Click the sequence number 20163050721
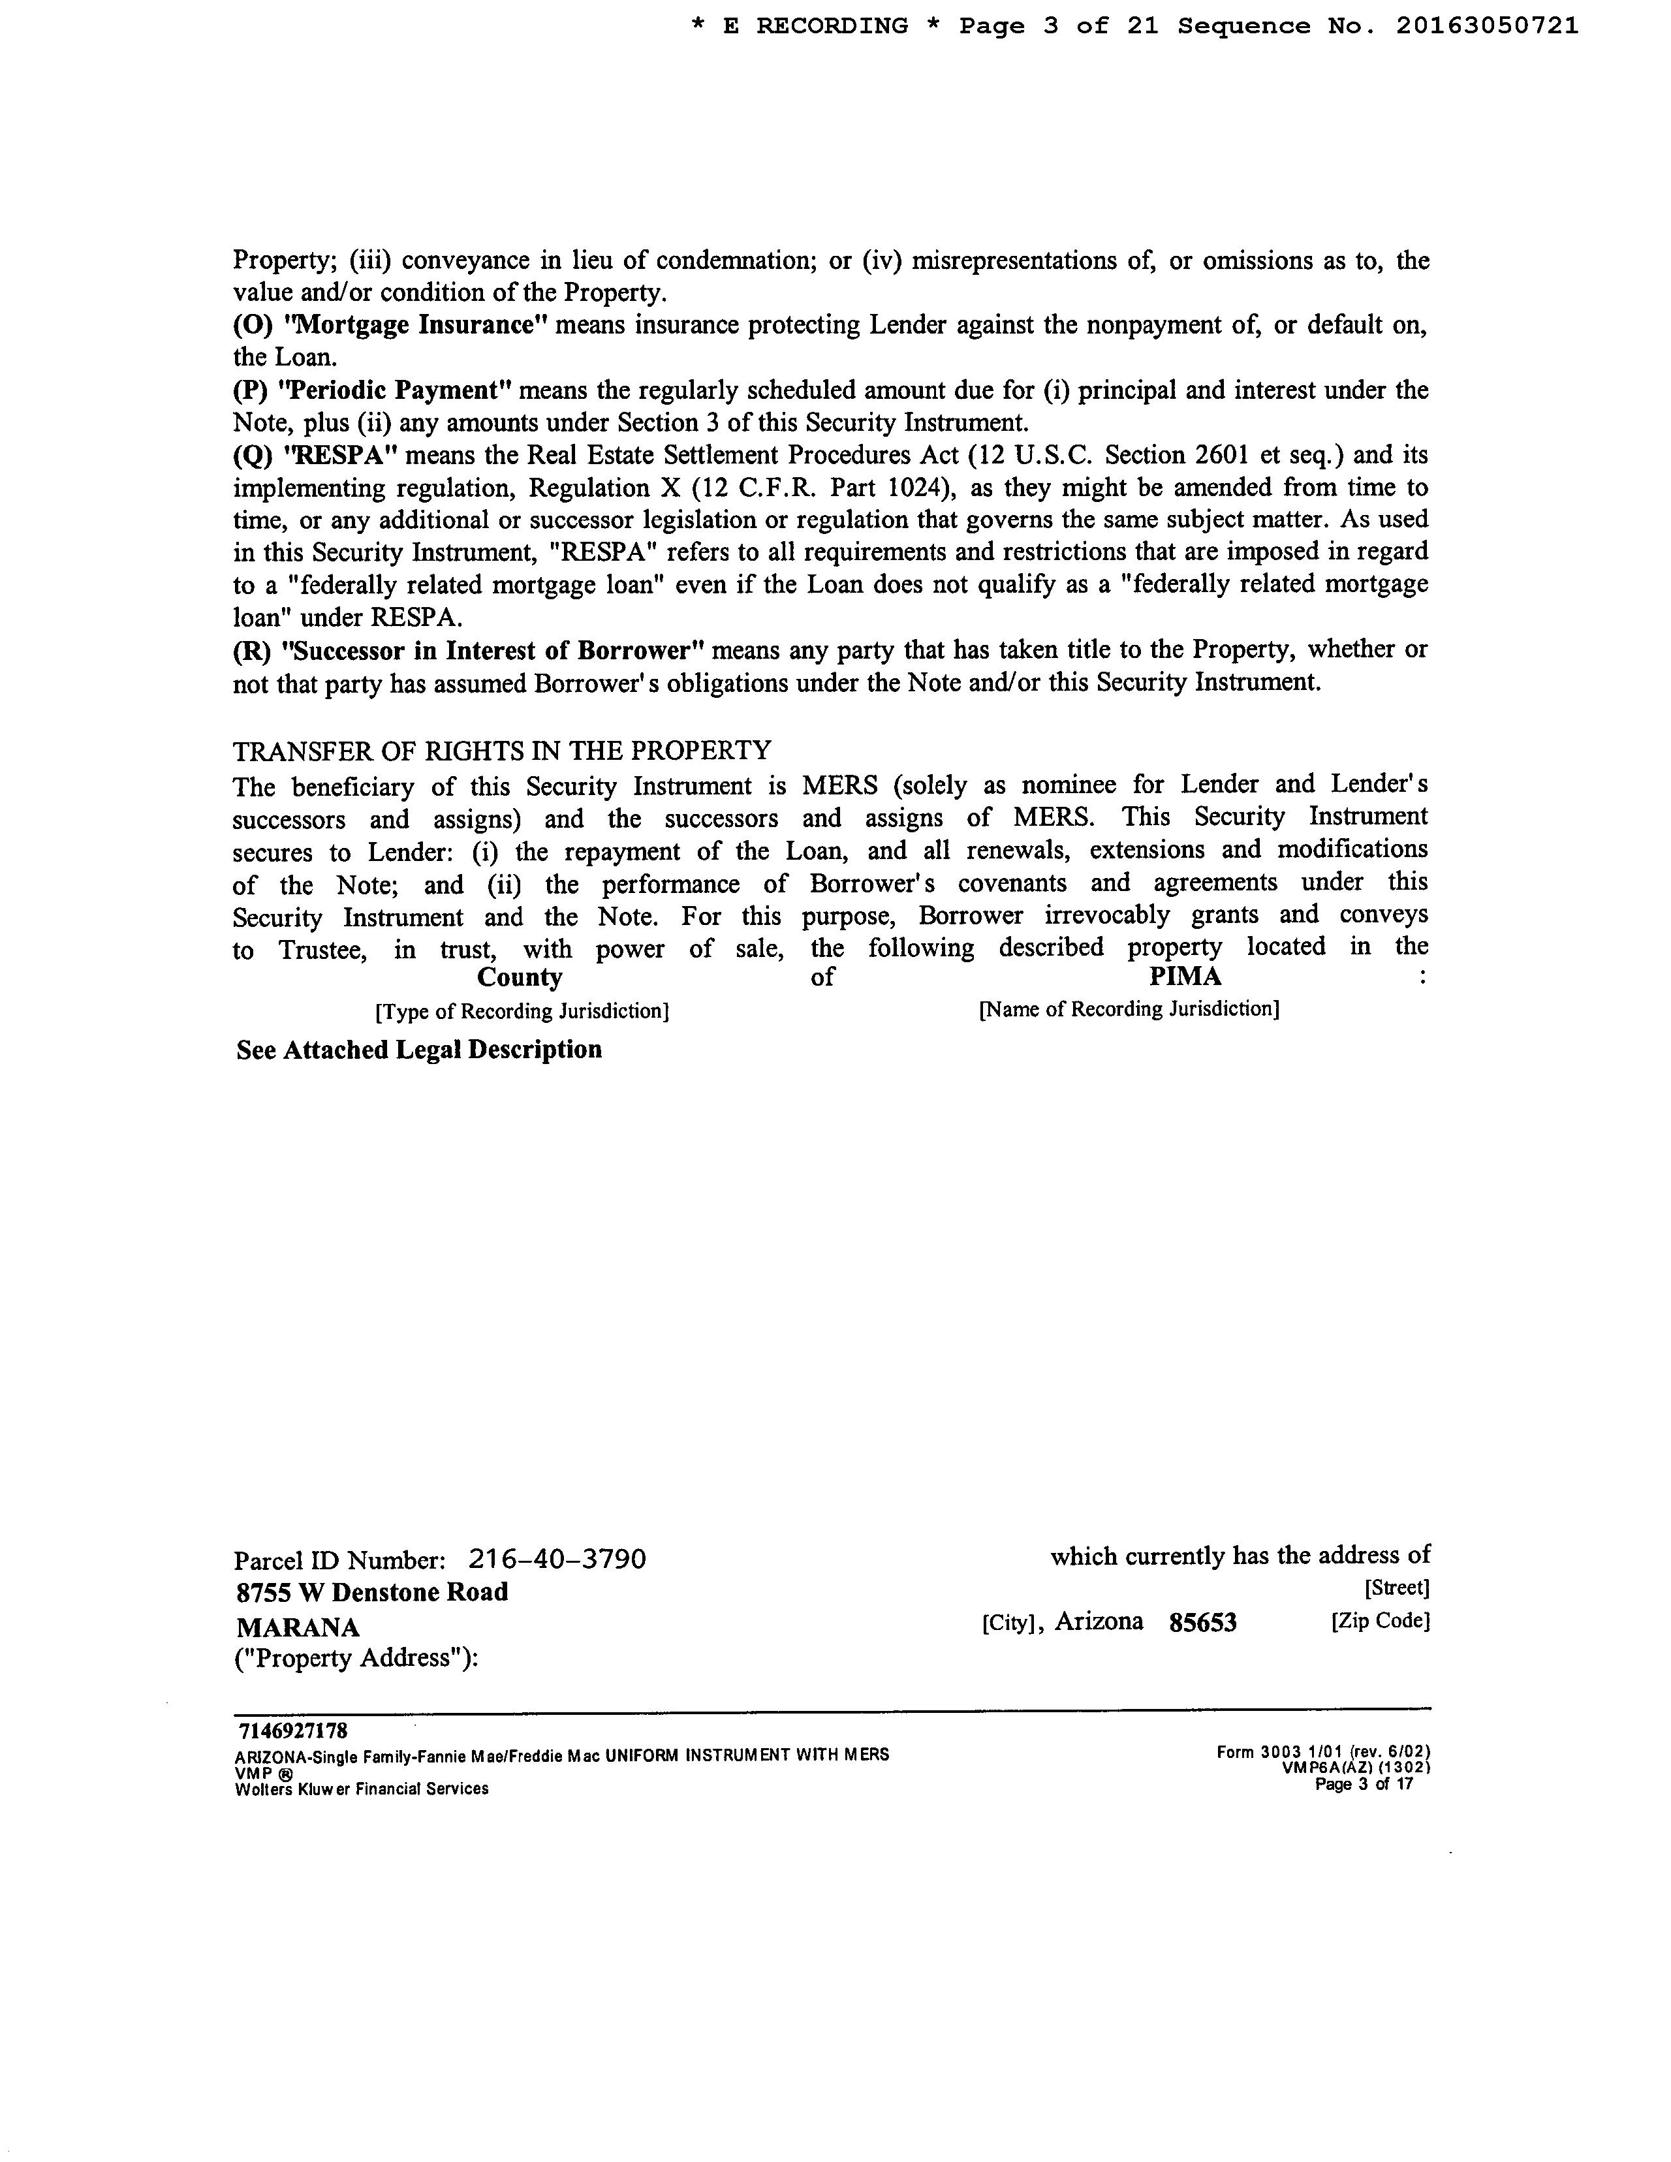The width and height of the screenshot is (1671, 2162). [1487, 27]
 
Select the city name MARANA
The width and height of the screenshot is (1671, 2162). [297, 1627]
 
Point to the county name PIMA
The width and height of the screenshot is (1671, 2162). [1185, 977]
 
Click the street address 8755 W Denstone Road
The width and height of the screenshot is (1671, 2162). [372, 1592]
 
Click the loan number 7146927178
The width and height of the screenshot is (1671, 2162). [293, 1731]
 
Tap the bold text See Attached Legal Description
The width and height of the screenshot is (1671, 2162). [419, 1049]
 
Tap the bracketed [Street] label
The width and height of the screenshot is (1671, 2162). [1396, 1588]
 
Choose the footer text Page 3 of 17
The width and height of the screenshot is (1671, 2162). [1363, 1785]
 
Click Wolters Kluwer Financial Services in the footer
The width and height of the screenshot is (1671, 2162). [362, 1789]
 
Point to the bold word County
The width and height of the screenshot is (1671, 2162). [520, 977]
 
